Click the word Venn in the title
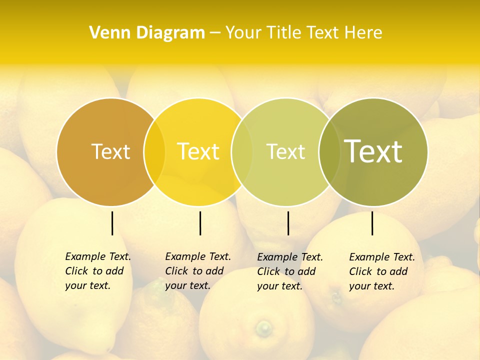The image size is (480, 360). (x=108, y=33)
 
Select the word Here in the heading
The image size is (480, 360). (x=363, y=33)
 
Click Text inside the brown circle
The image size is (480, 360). (x=110, y=151)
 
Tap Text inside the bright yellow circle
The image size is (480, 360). (x=198, y=151)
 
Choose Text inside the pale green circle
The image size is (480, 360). (x=286, y=151)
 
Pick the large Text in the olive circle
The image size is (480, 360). (x=373, y=151)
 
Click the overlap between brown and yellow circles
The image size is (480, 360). (x=154, y=151)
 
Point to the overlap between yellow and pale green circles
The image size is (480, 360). (x=242, y=151)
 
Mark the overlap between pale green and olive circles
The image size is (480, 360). (x=329, y=151)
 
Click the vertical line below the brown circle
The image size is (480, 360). (x=112, y=223)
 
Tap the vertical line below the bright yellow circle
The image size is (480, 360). (x=200, y=223)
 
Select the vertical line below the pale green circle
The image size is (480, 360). (x=288, y=223)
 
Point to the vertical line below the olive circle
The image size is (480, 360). (x=372, y=223)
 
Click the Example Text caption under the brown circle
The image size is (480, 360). (x=98, y=271)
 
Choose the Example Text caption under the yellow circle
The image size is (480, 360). (x=198, y=271)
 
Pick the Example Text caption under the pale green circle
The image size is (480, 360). (x=290, y=271)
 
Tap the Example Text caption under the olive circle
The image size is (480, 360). (x=382, y=271)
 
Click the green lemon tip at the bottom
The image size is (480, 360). (x=263, y=328)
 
